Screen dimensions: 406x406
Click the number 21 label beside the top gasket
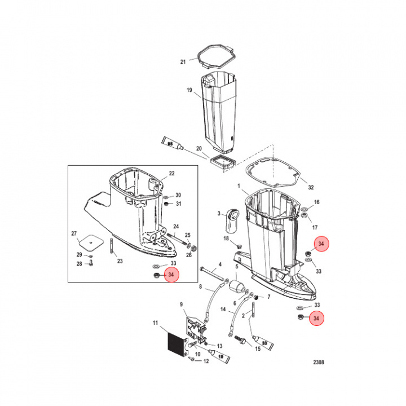(182, 61)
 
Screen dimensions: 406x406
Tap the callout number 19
(189, 90)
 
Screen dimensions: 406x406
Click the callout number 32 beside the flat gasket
(311, 187)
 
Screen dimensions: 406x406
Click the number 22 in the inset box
(172, 174)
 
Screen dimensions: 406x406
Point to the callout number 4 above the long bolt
(220, 264)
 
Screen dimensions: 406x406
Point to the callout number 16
(316, 202)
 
